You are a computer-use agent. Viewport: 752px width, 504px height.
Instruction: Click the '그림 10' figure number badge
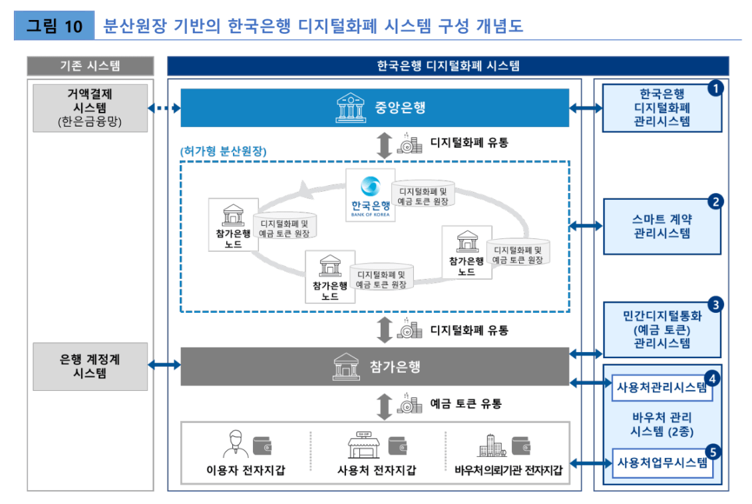55,26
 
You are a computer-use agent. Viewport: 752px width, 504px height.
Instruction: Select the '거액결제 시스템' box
90,107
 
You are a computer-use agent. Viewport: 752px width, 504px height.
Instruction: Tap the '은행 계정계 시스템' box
90,366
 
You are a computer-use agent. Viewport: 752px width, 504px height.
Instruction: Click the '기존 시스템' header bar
90,66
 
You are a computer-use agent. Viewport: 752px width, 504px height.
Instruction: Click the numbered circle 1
715,87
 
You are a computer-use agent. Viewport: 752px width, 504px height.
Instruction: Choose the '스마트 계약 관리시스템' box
661,226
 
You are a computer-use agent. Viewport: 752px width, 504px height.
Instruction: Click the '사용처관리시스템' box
661,388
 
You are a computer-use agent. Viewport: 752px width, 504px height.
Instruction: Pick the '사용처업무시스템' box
661,463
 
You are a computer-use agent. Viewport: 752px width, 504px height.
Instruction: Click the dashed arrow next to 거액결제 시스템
164,107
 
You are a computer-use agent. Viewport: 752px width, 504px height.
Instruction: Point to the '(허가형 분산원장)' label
223,151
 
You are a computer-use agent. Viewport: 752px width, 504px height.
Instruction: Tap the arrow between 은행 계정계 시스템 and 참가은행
164,364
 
